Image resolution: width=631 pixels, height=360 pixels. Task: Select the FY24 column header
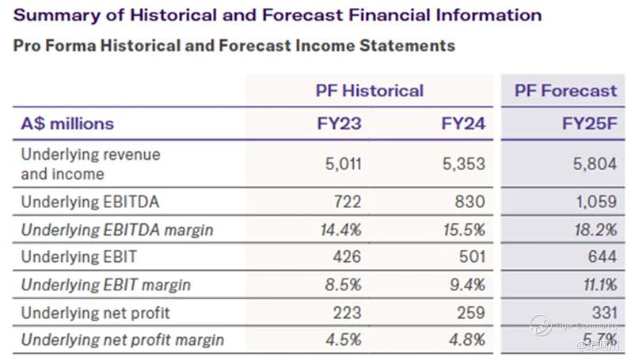tap(463, 123)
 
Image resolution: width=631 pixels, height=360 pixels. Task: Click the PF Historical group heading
tap(369, 90)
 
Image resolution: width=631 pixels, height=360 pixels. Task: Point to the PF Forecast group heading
tap(565, 90)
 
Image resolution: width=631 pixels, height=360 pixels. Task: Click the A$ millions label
tap(67, 123)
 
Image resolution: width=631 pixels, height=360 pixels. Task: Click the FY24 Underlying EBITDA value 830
tap(469, 202)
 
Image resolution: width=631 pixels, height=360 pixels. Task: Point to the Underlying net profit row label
tap(96, 313)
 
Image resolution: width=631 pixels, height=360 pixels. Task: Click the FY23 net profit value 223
tap(347, 313)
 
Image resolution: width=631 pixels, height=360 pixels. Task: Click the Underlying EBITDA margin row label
tap(117, 229)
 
